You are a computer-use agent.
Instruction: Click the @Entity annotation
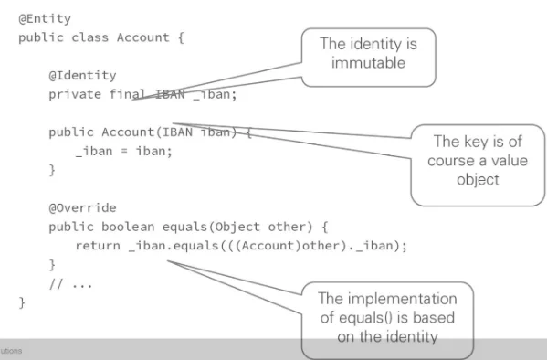[x=45, y=18]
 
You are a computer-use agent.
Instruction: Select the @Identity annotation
[x=82, y=75]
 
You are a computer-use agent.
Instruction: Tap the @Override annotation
[x=82, y=207]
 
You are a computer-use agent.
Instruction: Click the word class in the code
[x=89, y=37]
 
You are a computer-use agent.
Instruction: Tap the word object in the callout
[x=477, y=179]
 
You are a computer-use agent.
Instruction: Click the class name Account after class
[x=142, y=37]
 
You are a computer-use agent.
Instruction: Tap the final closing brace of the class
[x=22, y=302]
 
